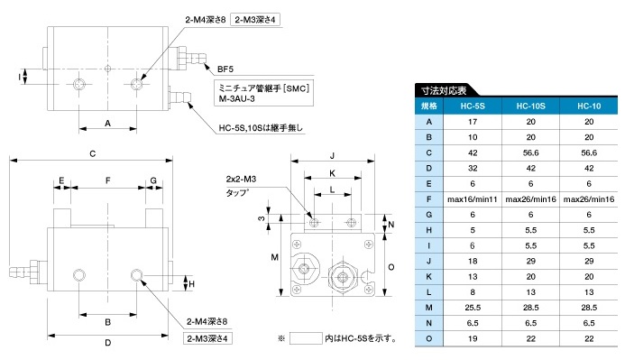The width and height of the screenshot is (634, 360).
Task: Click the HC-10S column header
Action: point(530,106)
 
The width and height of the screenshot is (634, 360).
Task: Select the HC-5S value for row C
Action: point(473,152)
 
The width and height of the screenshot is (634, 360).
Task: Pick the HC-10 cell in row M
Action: point(589,308)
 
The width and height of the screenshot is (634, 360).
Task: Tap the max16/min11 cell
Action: point(473,199)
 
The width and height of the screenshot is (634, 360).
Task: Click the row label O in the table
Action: point(429,338)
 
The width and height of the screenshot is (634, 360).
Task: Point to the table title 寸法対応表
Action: point(444,90)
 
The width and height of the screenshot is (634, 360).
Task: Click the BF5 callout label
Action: point(225,69)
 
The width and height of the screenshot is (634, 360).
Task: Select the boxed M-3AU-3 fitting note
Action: point(263,93)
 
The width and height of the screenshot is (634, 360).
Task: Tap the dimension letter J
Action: point(333,156)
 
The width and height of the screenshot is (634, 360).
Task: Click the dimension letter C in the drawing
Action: point(93,153)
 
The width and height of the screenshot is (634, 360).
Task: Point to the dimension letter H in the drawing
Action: point(192,284)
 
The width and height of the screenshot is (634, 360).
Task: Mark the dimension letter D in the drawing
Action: point(108,343)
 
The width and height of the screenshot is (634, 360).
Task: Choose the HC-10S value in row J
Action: point(530,262)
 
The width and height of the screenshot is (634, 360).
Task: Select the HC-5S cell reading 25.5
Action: point(473,308)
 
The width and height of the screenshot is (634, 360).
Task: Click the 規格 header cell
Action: point(429,106)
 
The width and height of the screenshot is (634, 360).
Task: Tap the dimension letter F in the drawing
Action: point(108,180)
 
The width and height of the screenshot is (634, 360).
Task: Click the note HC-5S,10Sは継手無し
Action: point(261,128)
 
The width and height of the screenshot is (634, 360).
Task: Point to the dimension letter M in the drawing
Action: point(275,257)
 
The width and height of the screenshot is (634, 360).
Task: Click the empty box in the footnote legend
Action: point(306,338)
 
